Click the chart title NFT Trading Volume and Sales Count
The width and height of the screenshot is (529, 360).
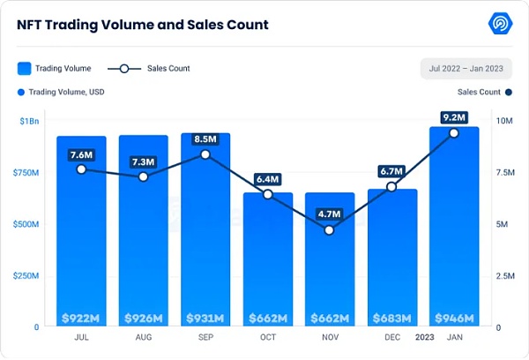[x=143, y=25]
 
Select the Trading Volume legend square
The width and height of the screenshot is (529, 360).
[x=25, y=68]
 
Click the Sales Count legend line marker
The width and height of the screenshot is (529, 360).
[x=125, y=68]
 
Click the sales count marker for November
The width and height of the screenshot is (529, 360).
[x=330, y=230]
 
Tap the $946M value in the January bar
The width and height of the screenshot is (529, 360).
[x=454, y=318]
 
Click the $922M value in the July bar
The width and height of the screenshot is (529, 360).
[x=81, y=318]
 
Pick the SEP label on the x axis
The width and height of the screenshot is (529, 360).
[x=205, y=338]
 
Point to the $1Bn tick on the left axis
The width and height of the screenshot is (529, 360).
[x=29, y=120]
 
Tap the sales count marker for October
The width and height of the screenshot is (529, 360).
[x=268, y=194]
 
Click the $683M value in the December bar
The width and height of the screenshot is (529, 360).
[x=391, y=318]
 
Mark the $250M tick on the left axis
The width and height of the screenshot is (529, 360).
[x=26, y=275]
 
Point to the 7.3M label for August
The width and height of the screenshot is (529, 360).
[x=144, y=160]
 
